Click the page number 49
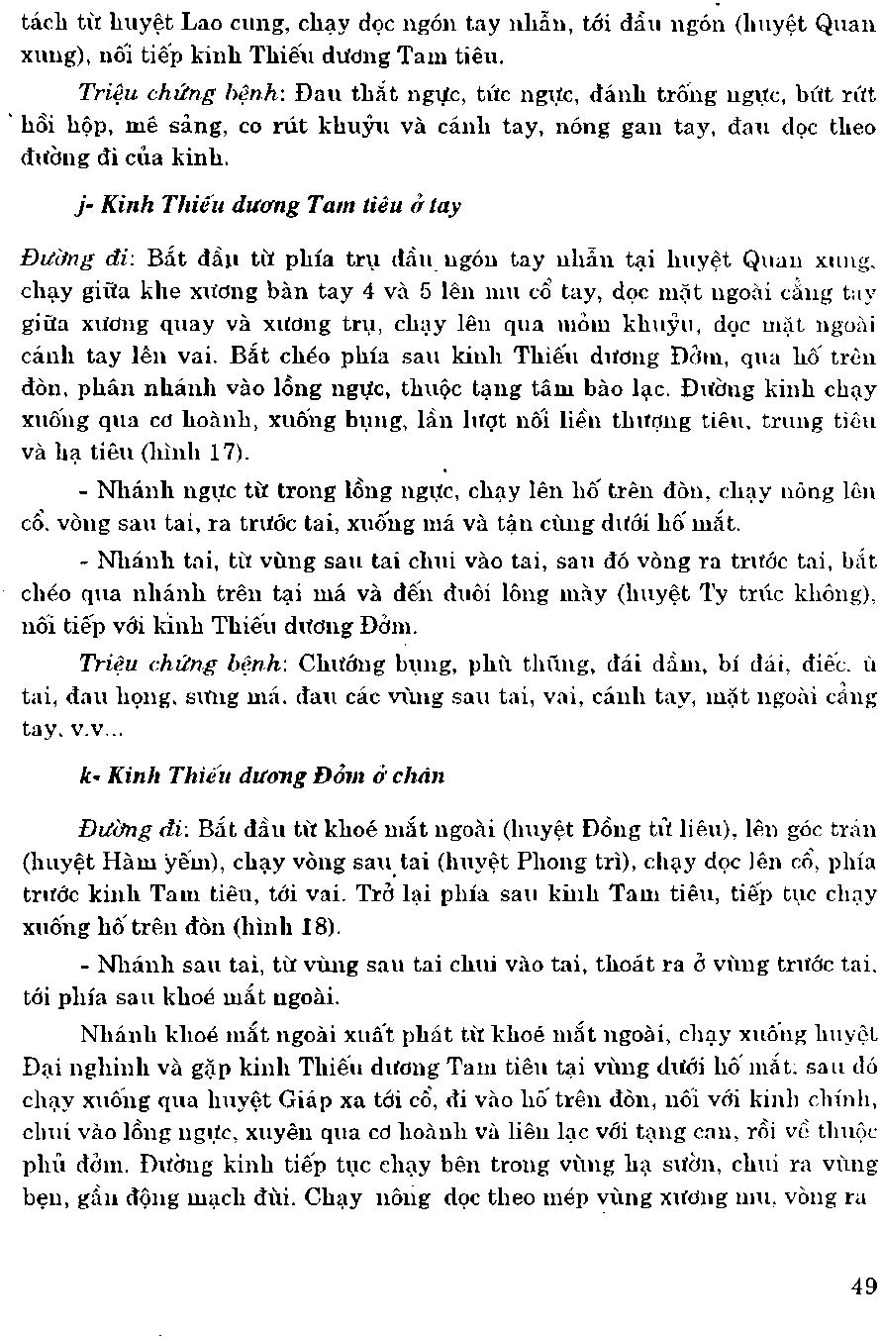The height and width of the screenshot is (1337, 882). (862, 1286)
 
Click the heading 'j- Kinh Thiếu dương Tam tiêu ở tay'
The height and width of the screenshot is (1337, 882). (267, 206)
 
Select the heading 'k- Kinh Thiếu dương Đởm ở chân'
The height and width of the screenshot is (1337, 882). (261, 775)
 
